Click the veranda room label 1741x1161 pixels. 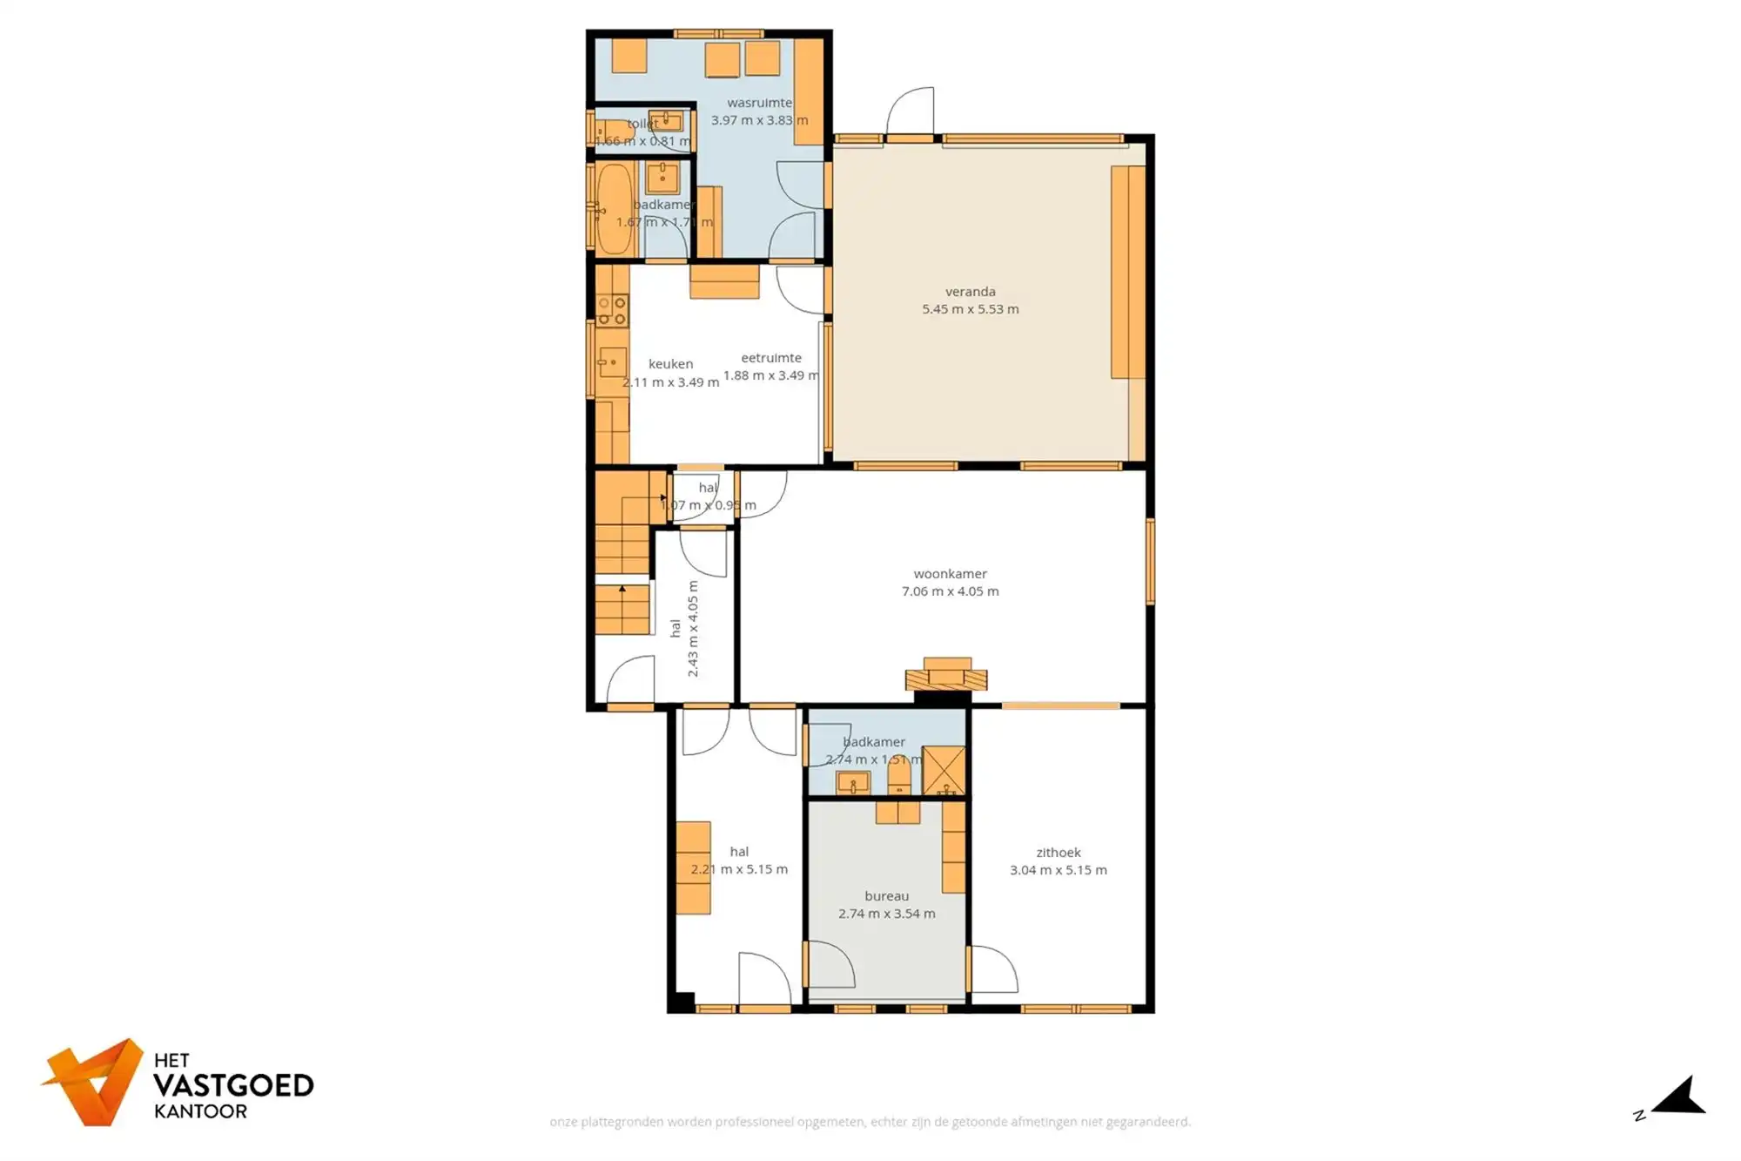[970, 292]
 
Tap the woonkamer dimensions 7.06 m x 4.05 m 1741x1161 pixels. [950, 591]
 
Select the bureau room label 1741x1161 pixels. [886, 896]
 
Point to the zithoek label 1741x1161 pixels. [1058, 853]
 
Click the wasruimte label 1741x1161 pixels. [759, 103]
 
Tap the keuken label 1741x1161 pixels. [670, 364]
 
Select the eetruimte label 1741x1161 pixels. [770, 358]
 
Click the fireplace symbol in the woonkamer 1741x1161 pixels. [946, 675]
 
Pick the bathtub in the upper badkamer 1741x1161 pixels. [615, 209]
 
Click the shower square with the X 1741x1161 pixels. [944, 770]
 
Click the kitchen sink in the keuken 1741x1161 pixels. [612, 362]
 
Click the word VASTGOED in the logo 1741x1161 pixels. [233, 1086]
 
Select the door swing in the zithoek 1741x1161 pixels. [993, 969]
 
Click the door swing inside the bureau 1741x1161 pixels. [831, 964]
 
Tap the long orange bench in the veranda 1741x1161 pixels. [1126, 272]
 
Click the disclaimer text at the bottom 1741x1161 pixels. [870, 1122]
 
